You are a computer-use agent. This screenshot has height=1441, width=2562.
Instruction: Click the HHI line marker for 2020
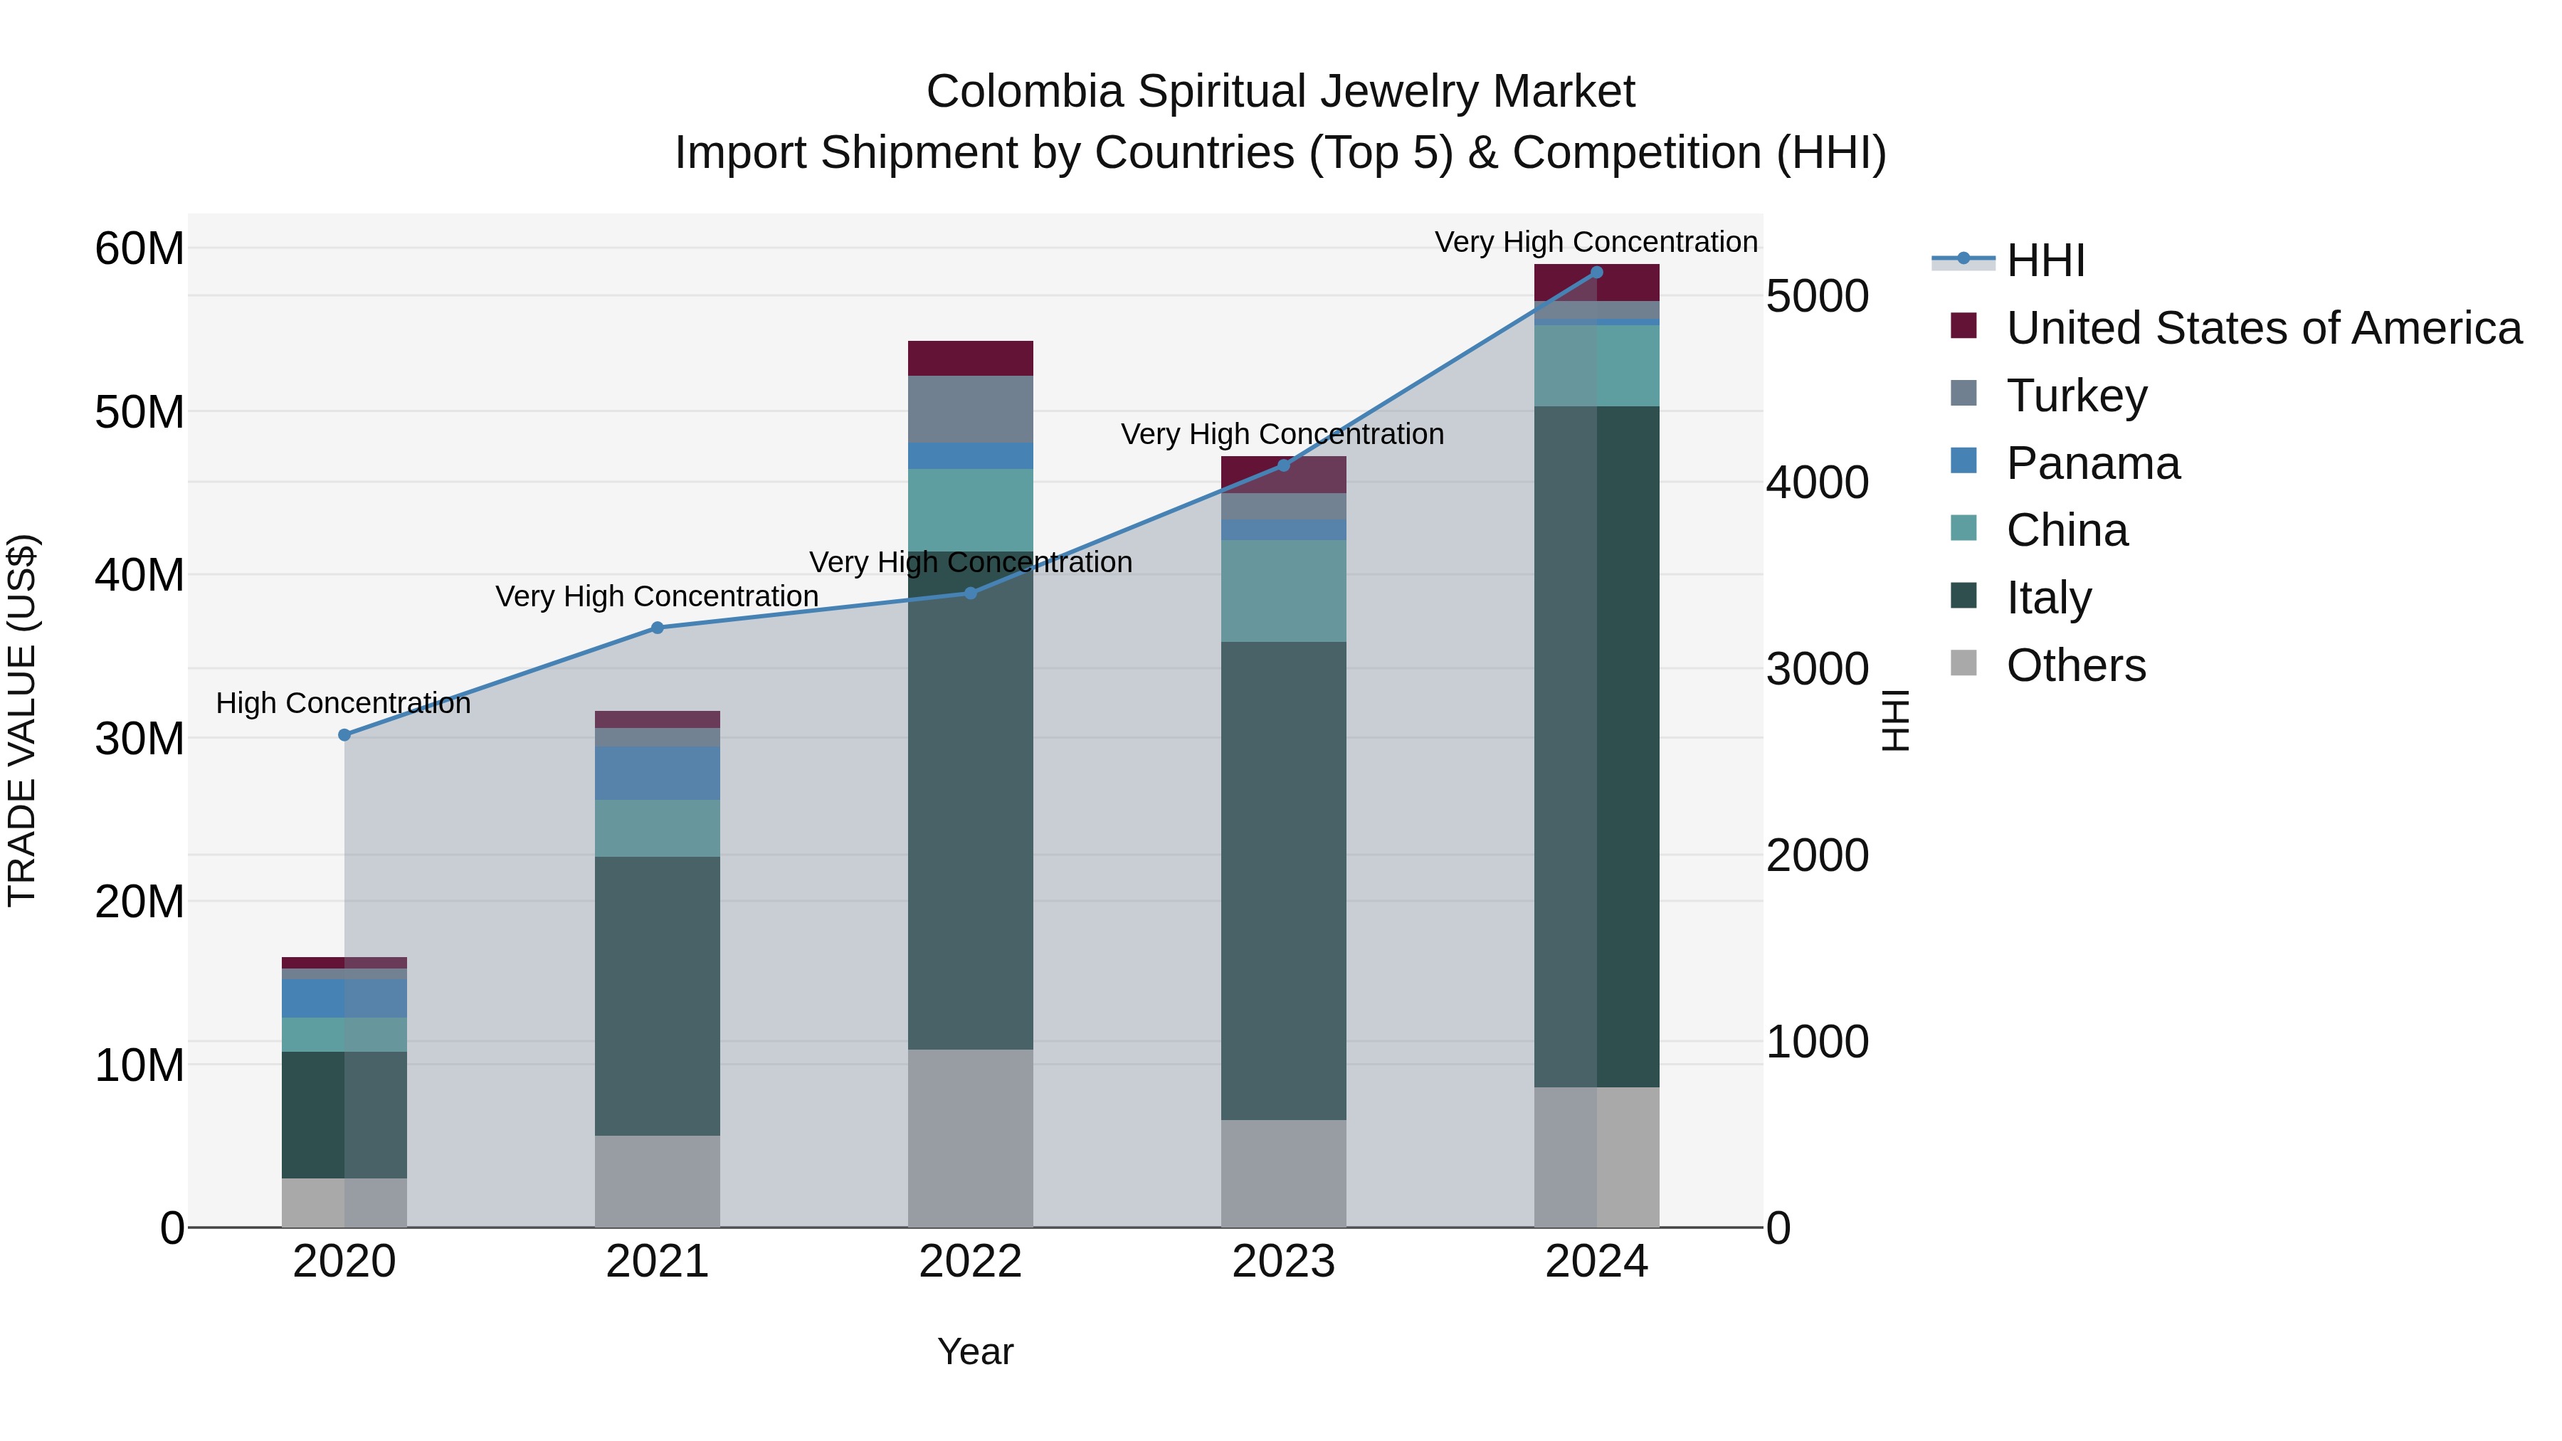click(344, 735)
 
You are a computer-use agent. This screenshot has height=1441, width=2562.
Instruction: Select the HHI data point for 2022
click(971, 593)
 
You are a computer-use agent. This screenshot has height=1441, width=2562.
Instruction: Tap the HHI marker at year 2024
click(1596, 272)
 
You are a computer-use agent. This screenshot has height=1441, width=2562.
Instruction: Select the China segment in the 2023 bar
click(1283, 591)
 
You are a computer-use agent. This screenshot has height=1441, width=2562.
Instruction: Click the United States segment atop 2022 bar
click(970, 358)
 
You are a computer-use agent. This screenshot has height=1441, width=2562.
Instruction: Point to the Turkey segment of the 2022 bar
click(970, 408)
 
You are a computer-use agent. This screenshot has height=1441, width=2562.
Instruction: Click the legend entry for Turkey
click(2076, 395)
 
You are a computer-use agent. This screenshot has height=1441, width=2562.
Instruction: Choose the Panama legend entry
click(2092, 463)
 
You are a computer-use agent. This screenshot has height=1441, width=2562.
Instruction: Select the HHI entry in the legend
click(2045, 260)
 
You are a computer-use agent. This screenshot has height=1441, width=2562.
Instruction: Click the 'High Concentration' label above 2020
click(343, 703)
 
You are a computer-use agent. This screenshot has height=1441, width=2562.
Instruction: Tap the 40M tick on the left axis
click(139, 575)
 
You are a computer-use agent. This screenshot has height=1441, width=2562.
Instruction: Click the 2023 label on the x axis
click(1283, 1261)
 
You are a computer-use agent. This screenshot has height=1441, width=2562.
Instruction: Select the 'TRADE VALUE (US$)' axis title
click(22, 720)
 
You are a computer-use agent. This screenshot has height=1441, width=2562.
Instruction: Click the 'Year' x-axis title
click(975, 1351)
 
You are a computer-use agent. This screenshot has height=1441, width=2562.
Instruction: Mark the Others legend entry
click(2076, 665)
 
